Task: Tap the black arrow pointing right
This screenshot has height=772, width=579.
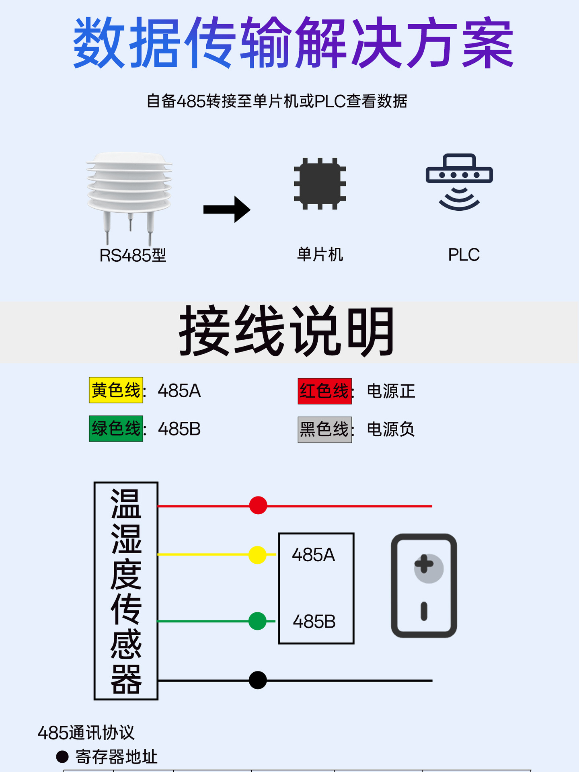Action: point(227,209)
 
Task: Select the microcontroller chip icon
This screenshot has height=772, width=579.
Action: point(320,184)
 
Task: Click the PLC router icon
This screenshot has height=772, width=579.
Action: point(459,181)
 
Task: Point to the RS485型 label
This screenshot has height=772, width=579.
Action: point(133,255)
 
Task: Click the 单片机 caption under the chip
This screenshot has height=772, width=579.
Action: point(320,255)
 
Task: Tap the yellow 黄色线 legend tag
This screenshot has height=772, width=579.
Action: point(116,390)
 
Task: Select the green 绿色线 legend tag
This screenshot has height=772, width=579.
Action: point(116,429)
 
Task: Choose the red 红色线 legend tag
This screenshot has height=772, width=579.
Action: point(324,391)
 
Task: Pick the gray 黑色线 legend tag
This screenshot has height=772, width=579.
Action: point(324,429)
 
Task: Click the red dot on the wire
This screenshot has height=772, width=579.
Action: point(258,505)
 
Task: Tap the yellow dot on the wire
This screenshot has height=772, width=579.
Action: point(257,555)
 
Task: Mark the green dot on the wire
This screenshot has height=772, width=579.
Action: point(257,621)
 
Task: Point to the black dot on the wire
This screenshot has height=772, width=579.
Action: point(258,680)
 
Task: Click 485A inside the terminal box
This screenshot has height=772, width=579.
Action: point(314,555)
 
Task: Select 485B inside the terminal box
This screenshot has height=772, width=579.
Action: point(314,622)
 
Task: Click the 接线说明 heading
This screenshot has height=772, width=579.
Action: point(287,331)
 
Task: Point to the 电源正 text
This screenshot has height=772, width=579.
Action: point(391,391)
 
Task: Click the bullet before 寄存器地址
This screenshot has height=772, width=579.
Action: point(62,757)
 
